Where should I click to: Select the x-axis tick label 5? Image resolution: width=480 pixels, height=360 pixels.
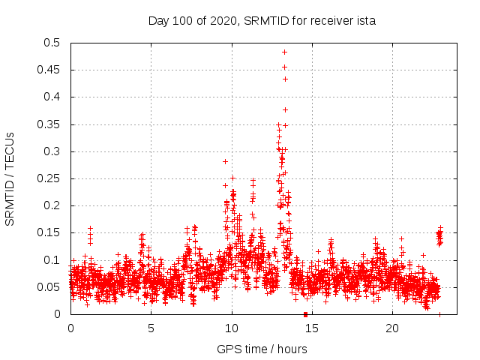[x=151, y=328]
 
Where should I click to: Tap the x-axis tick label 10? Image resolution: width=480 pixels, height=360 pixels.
[x=232, y=328]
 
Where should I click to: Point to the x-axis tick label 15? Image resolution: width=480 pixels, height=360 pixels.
[x=312, y=328]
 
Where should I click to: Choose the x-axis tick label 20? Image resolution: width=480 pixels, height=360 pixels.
[x=392, y=328]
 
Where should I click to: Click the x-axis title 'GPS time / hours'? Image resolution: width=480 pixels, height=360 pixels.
[x=262, y=349]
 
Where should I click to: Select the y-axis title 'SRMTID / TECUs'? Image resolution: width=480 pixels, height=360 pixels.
[x=10, y=178]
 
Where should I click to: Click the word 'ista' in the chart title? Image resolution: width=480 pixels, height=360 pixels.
[x=364, y=20]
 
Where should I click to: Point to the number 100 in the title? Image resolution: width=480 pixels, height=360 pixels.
[x=187, y=20]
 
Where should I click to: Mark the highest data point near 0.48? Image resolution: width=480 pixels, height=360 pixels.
[x=285, y=52]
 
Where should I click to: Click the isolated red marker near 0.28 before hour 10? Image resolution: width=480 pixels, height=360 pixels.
[x=225, y=161]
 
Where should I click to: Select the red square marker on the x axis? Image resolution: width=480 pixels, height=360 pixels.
[x=305, y=314]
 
